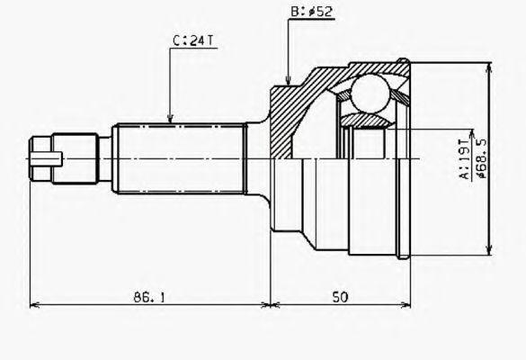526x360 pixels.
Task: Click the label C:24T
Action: coord(192,40)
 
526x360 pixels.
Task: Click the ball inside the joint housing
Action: coord(369,94)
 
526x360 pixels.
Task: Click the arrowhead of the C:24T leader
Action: coord(171,120)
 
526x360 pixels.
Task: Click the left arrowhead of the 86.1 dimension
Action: coord(34,305)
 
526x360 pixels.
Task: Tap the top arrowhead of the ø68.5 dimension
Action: coord(489,66)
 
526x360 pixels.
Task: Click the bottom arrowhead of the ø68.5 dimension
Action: coord(489,254)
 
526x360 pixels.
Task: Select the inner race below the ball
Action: coord(368,121)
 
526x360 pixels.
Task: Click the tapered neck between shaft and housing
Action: coord(262,160)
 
